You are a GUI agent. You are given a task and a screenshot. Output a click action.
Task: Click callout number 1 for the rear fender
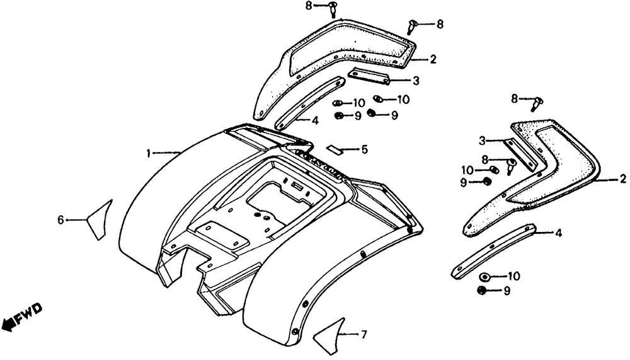pos(149,153)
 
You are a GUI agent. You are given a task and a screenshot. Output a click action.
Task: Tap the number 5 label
pos(364,150)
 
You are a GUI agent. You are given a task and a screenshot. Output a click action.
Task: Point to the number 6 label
pos(61,219)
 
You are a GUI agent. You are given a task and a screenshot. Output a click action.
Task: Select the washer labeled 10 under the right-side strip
pos(486,277)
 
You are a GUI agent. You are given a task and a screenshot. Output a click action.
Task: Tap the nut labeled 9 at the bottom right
pos(483,291)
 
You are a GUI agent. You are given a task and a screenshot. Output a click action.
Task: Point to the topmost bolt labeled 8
pos(332,8)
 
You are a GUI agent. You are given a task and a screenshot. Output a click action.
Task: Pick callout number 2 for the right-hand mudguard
pos(622,180)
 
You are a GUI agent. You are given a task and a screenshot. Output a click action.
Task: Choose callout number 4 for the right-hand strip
pos(558,233)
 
